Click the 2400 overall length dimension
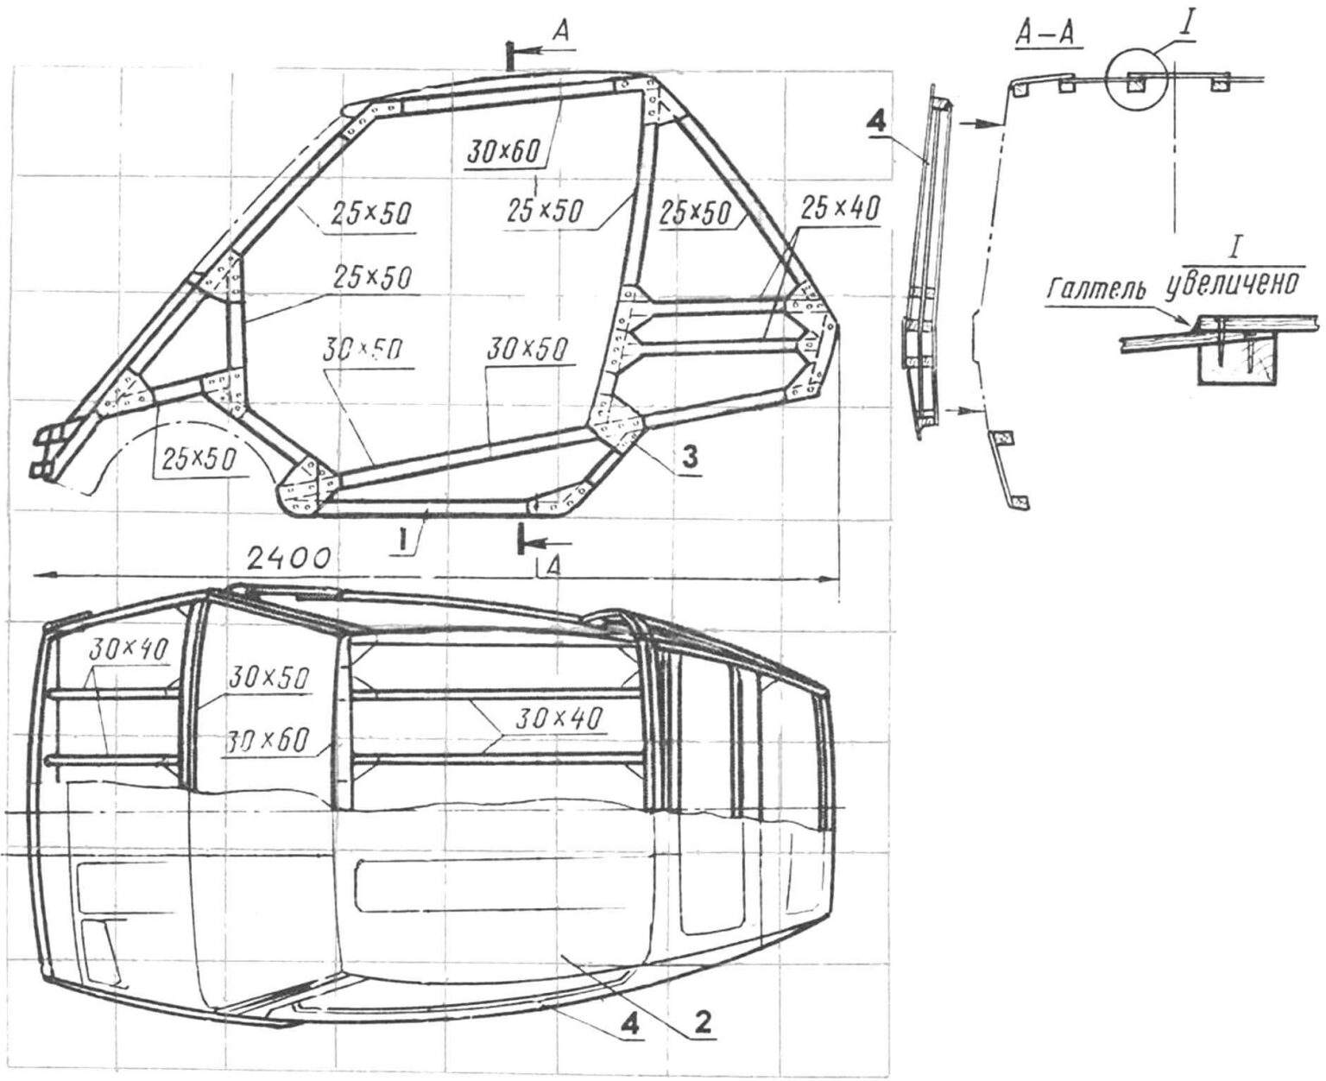pos(286,558)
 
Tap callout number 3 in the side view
pos(687,459)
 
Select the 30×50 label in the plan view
pos(270,679)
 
